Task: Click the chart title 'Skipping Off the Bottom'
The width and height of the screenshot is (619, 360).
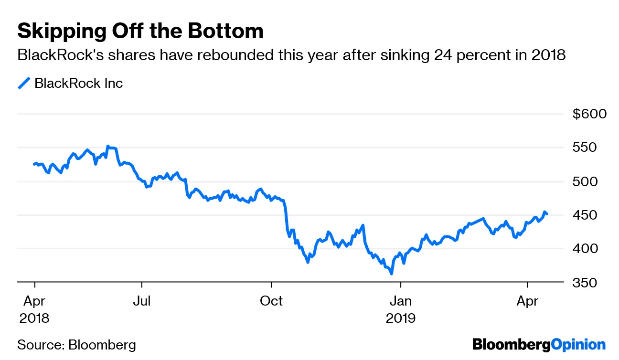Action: click(140, 32)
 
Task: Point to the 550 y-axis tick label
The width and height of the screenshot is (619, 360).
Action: click(592, 148)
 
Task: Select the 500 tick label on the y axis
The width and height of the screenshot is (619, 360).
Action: click(592, 181)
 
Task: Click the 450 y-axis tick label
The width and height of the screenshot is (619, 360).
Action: click(592, 215)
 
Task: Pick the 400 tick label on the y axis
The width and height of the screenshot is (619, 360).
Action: click(592, 249)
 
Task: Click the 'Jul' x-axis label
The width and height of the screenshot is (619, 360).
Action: click(142, 301)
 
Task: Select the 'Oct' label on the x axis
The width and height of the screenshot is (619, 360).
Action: click(271, 301)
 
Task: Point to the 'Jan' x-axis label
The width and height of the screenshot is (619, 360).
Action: click(401, 301)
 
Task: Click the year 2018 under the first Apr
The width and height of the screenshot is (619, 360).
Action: click(34, 318)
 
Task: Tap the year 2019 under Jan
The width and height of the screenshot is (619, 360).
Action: click(401, 318)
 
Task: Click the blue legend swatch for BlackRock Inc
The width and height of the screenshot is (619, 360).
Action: click(24, 84)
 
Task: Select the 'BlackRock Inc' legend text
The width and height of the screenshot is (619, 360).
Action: click(79, 84)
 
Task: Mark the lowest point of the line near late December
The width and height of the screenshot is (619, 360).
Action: click(392, 274)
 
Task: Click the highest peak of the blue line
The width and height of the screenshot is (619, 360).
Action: click(108, 146)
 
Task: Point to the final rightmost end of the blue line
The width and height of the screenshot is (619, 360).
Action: click(547, 214)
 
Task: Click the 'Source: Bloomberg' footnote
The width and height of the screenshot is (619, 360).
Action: click(76, 345)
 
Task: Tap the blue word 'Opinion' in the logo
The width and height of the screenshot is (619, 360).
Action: click(578, 345)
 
